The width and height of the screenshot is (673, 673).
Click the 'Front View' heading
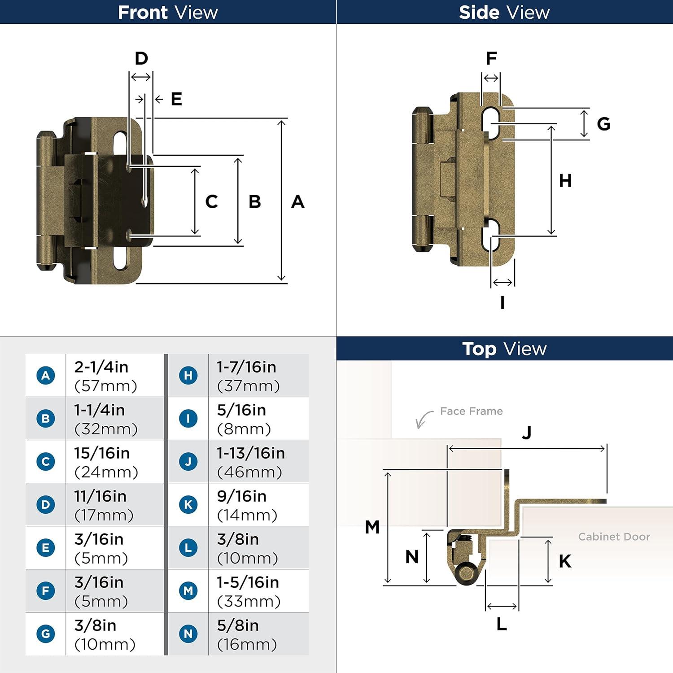pos(168,12)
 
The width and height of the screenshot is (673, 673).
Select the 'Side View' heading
pos(504,12)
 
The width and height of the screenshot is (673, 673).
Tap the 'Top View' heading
pos(504,349)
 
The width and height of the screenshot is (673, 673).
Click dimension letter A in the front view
pos(297,202)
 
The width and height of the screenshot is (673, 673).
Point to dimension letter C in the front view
pos(211,202)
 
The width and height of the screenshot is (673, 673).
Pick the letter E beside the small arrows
pos(176,99)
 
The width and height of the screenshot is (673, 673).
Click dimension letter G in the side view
pos(603,124)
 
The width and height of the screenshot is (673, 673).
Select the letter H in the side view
pos(565,181)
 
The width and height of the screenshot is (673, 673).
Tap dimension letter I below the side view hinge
pos(502,303)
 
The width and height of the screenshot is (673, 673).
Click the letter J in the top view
pos(526,433)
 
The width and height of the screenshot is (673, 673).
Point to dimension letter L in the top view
pos(502,624)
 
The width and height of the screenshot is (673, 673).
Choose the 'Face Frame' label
pos(471,411)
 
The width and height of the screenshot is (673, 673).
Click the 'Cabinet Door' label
pos(614,537)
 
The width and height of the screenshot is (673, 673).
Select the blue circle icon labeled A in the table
pos(46,375)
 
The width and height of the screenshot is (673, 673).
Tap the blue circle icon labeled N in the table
pos(188,634)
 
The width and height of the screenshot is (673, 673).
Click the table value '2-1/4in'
pos(101,367)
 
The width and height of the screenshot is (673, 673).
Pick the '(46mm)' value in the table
pos(249,472)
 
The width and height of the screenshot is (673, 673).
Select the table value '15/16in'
pos(102,453)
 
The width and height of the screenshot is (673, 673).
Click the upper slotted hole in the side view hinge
pos(491,122)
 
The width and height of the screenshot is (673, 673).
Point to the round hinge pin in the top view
pos(466,573)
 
